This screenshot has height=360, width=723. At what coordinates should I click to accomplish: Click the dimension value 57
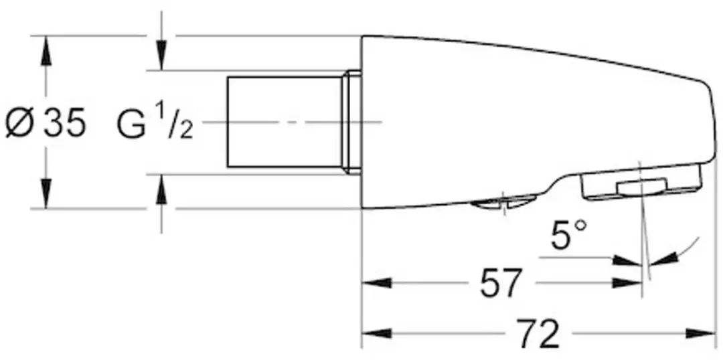tap(500, 282)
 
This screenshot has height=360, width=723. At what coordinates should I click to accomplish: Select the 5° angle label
tap(569, 234)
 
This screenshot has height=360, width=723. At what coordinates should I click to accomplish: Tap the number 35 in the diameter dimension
tap(64, 122)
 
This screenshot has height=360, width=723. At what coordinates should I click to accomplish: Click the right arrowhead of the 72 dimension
tap(700, 333)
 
